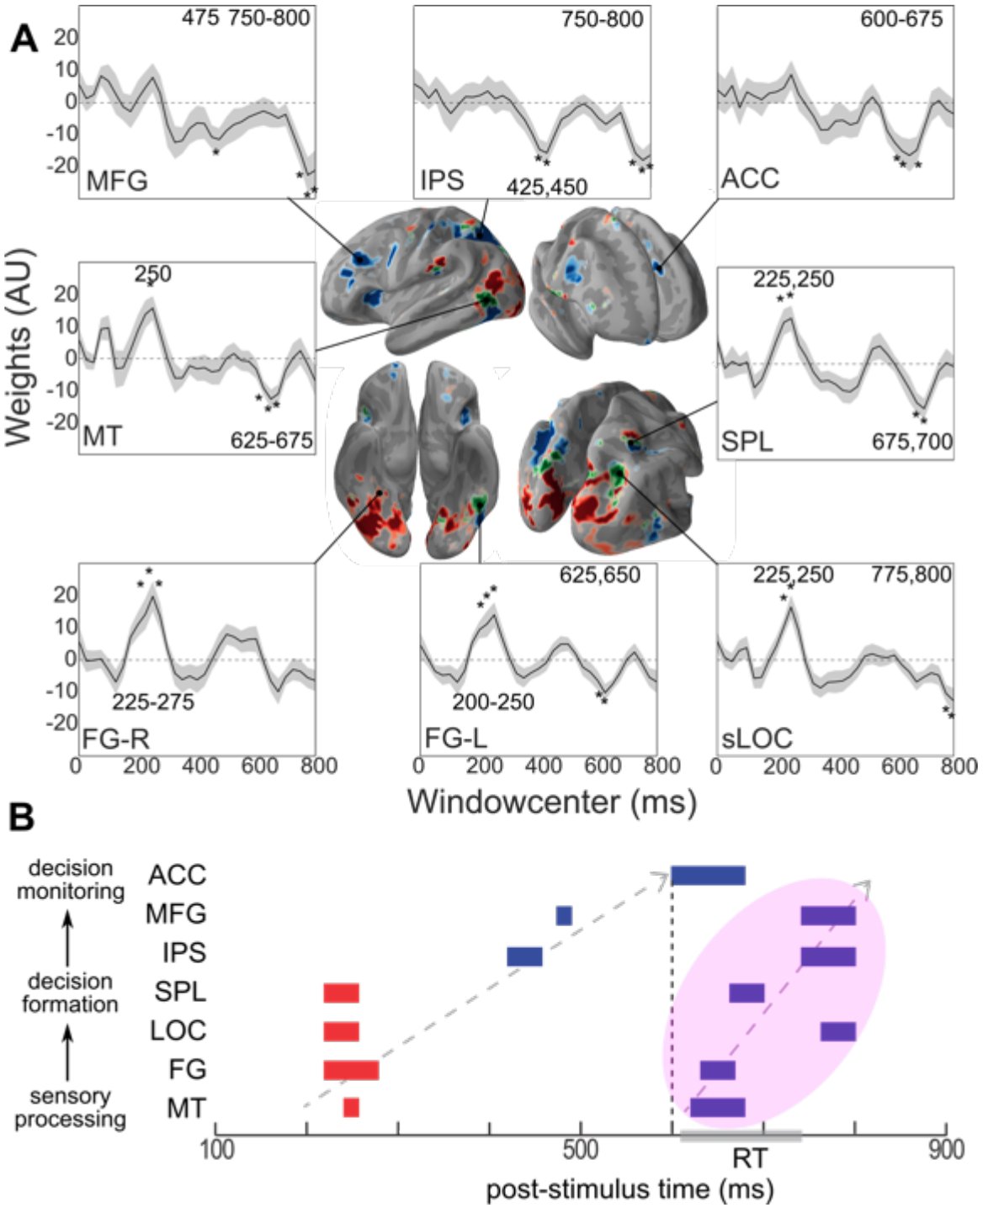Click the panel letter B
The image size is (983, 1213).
tap(22, 817)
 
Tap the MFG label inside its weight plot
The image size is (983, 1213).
tap(117, 181)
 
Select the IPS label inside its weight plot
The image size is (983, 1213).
tap(442, 179)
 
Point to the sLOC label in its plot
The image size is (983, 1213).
tap(757, 738)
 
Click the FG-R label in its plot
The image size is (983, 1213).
tap(116, 739)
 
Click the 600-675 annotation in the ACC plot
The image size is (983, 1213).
tap(901, 19)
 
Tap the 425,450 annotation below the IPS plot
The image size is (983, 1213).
tap(547, 187)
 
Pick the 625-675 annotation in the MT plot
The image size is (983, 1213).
tap(271, 440)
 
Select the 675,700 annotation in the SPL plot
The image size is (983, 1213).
tap(912, 442)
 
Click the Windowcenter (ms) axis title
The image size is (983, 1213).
tap(551, 802)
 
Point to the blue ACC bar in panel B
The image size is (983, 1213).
tap(709, 876)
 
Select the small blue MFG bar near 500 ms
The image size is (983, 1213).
tap(564, 916)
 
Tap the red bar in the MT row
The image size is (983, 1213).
tap(351, 1108)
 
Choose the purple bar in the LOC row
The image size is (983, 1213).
tap(838, 1031)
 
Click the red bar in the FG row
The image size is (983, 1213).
tap(351, 1070)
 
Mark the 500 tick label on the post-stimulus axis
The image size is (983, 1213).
tap(581, 1150)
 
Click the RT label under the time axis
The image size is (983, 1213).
tap(750, 1158)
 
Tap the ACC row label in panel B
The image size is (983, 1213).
tap(178, 876)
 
